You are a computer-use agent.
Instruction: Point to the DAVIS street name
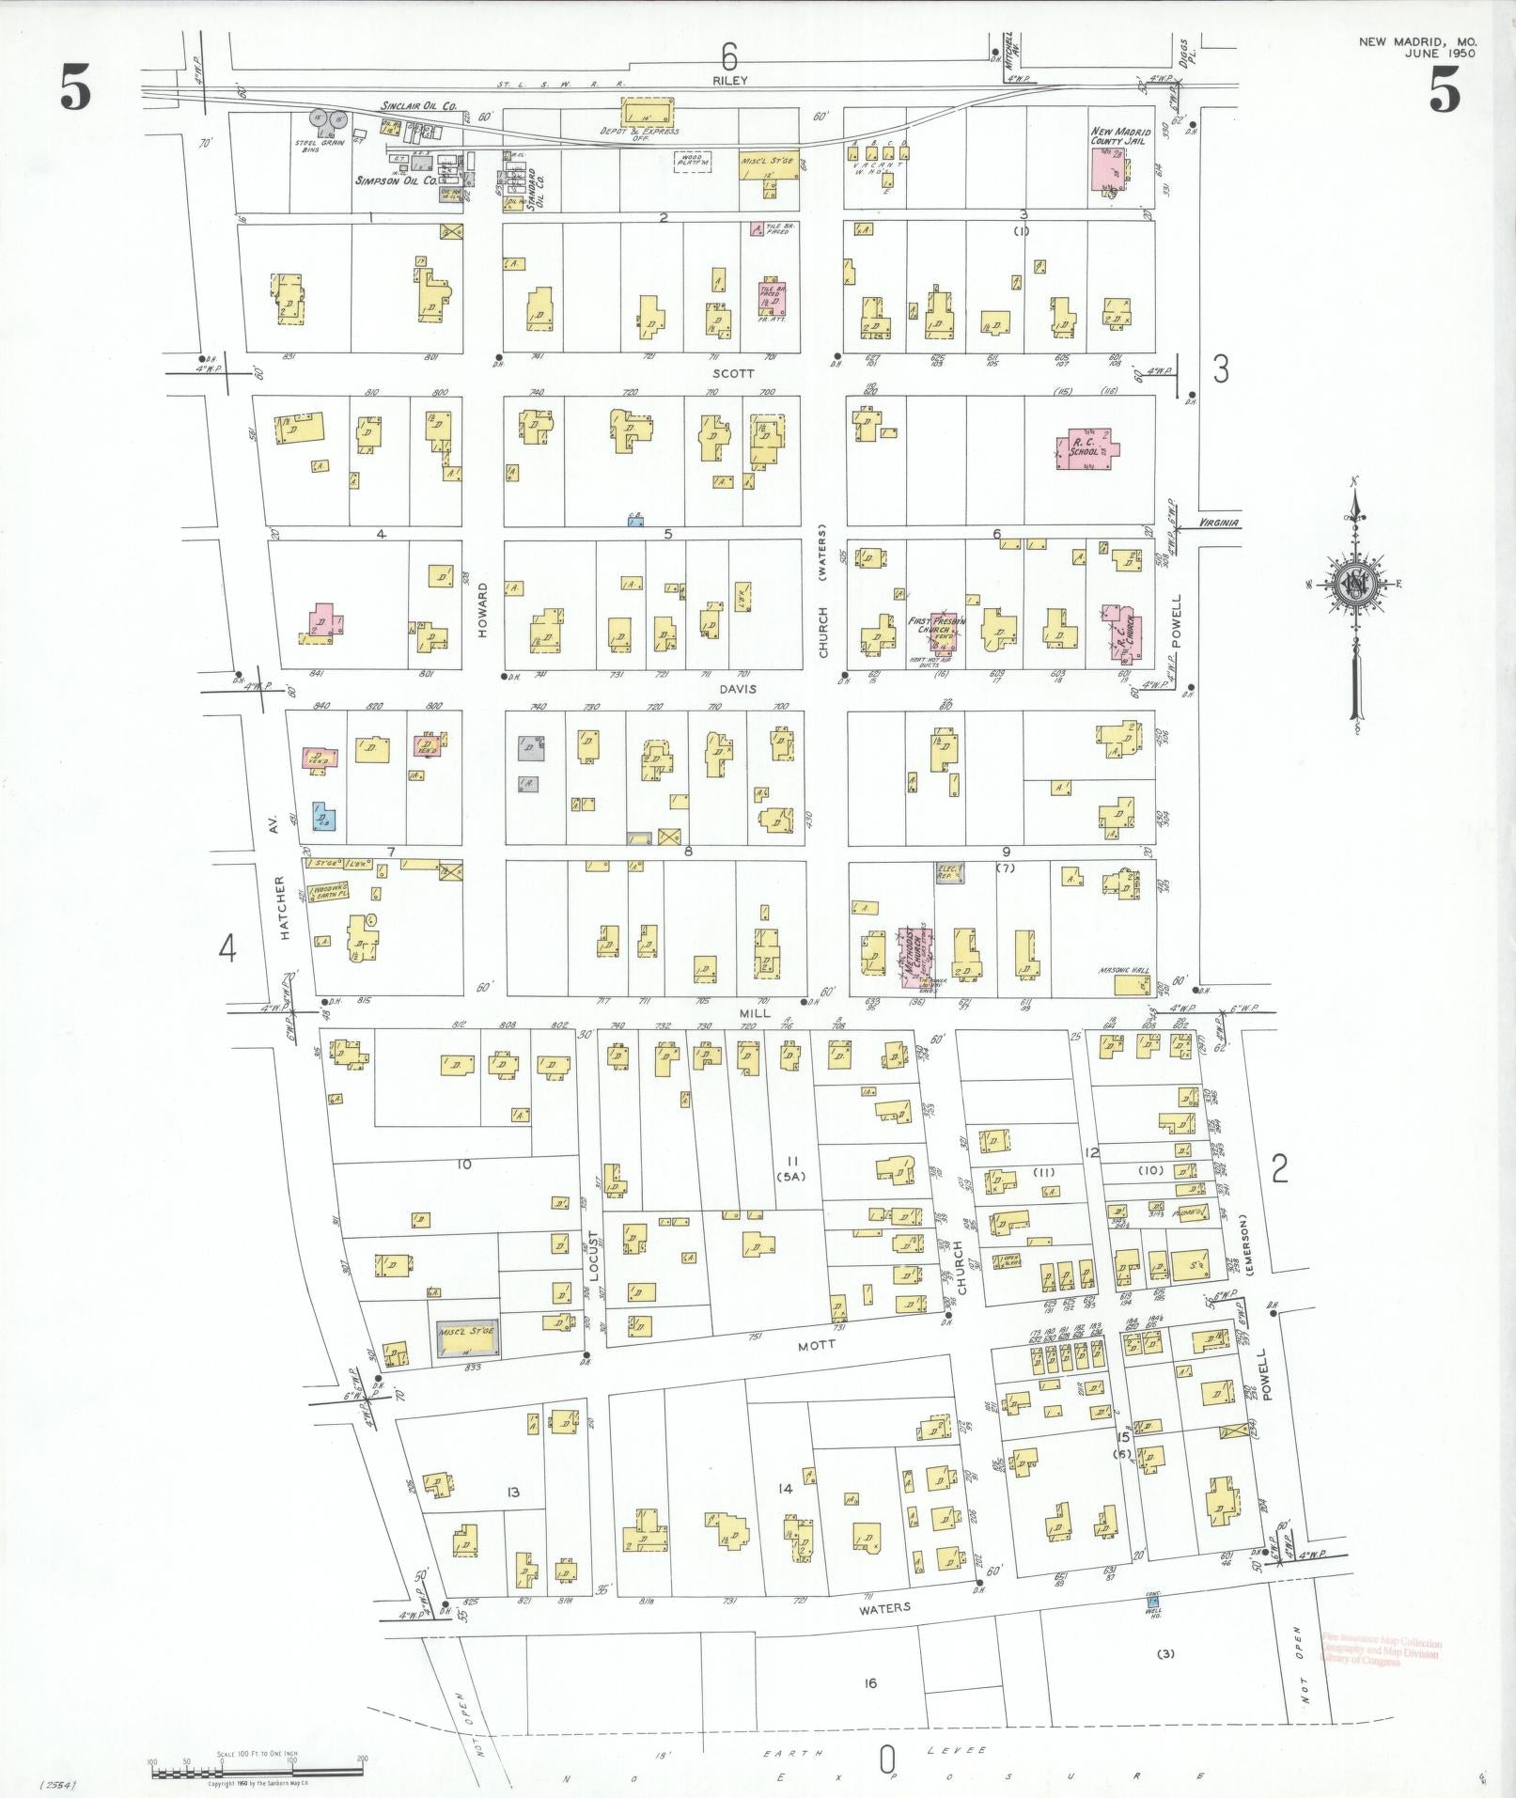click(x=732, y=689)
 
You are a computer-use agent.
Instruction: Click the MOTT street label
click(x=810, y=1345)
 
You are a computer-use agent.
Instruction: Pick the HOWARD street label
click(x=483, y=610)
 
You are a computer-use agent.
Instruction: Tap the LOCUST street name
click(x=593, y=1256)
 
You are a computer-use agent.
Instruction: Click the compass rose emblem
click(x=1356, y=585)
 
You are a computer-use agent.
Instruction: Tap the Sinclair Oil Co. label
click(x=418, y=109)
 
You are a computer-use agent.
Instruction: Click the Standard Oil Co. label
click(x=536, y=189)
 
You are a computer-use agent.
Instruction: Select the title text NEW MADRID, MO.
click(x=1417, y=42)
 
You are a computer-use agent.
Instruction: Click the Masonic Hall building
click(x=1132, y=984)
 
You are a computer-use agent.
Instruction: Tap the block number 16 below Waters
click(x=869, y=1681)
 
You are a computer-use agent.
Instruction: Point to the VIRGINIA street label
click(x=1219, y=524)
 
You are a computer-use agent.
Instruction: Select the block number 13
click(x=512, y=1492)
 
